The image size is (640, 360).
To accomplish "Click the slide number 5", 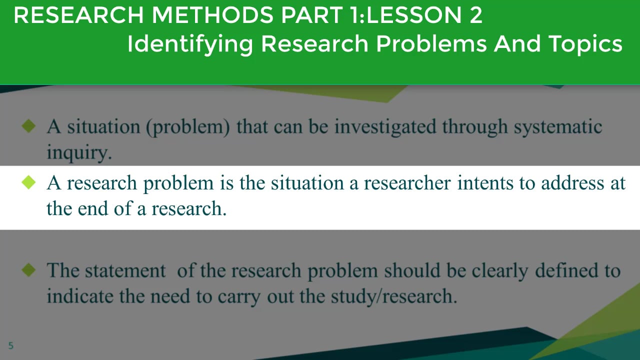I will tap(11, 345).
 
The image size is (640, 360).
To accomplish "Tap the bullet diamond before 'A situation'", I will tap(29, 126).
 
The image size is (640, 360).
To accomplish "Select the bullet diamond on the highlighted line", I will tap(29, 182).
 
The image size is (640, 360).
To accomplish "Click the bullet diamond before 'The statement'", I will tap(29, 270).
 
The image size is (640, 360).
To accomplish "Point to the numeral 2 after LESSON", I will tap(475, 16).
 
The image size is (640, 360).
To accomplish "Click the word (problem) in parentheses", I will tap(188, 127).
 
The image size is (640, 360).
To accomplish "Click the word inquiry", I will tap(78, 152).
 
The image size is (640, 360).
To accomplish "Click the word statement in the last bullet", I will tap(125, 271).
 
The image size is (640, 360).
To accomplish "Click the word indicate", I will tap(81, 296).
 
